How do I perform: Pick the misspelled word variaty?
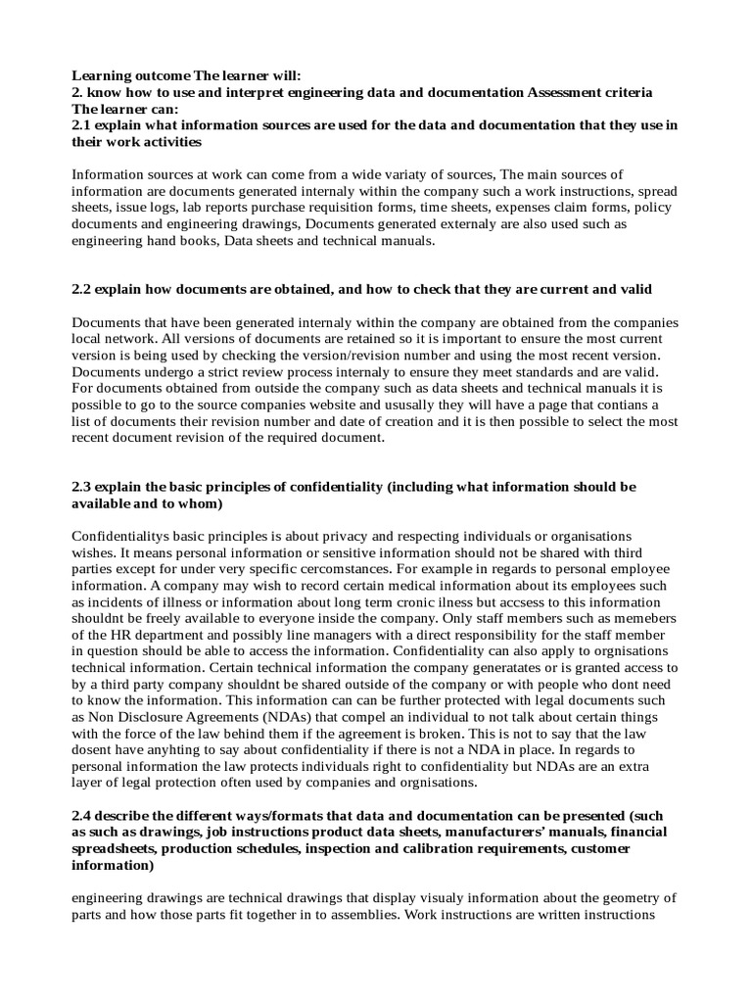(377, 175)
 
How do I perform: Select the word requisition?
(383, 208)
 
